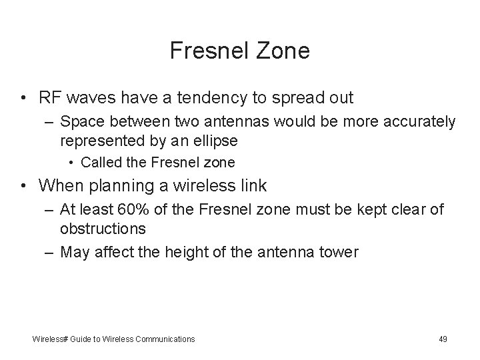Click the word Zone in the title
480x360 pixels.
(285, 51)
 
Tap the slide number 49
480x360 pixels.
(443, 339)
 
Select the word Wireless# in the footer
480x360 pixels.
(50, 339)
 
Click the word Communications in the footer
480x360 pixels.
(165, 339)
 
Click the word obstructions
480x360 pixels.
(103, 229)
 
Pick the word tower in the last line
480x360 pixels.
(340, 252)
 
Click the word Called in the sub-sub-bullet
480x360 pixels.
(99, 162)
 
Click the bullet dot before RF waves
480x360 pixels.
(24, 99)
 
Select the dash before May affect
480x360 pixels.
(50, 252)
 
